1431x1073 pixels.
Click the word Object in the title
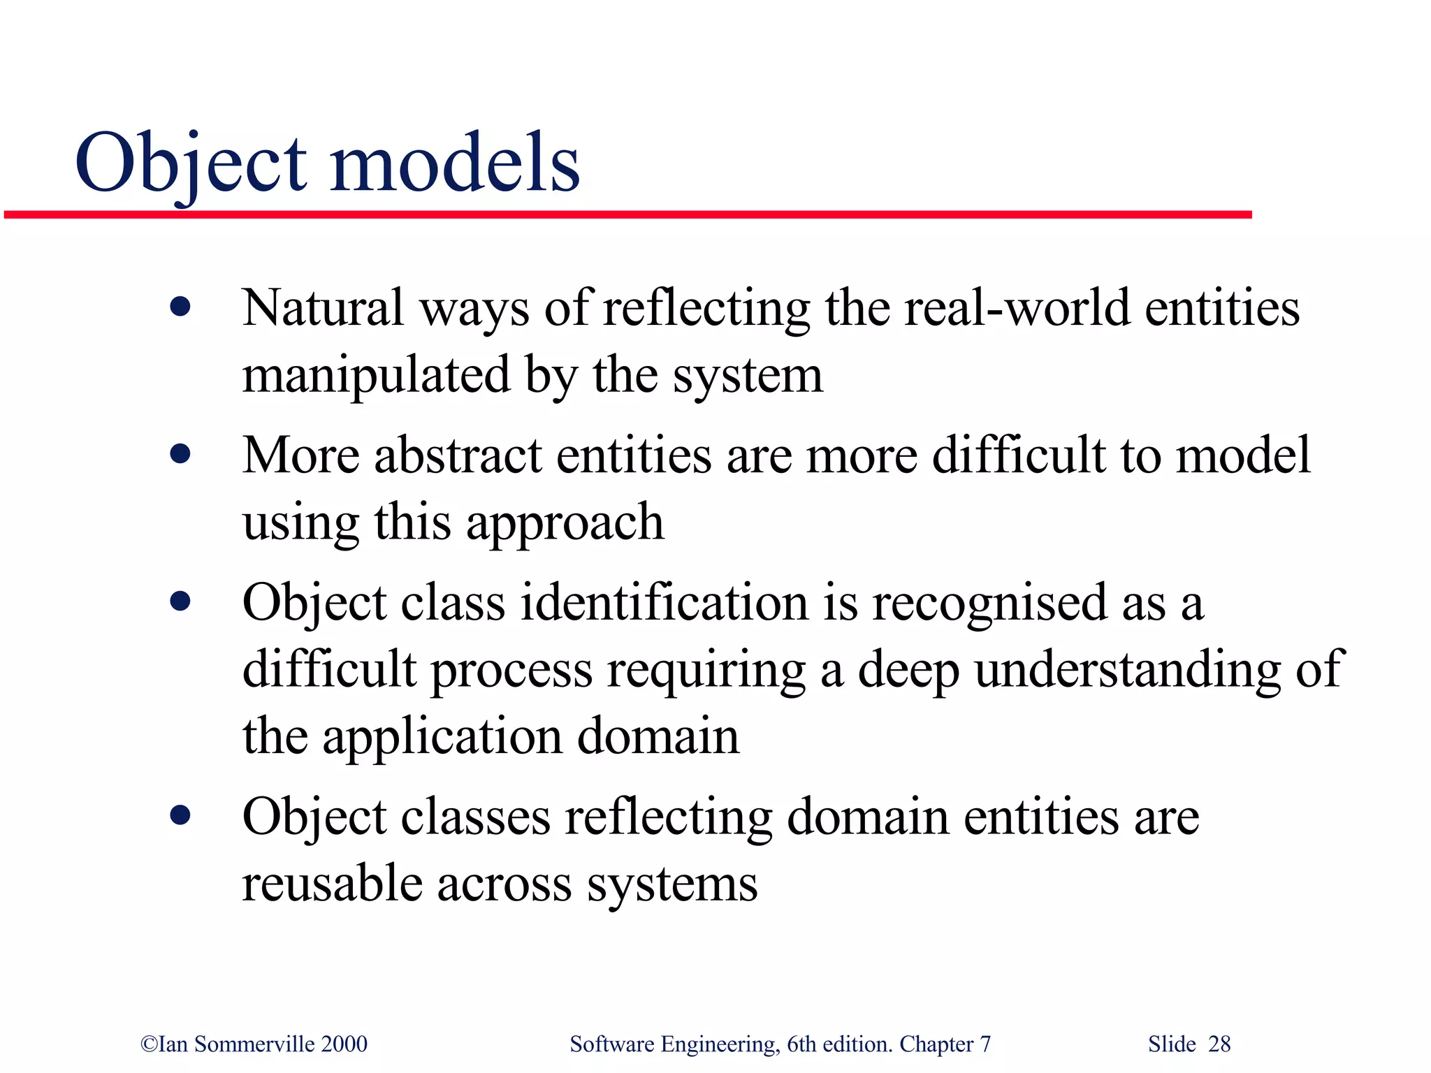(x=190, y=163)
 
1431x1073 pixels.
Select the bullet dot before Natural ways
(x=180, y=307)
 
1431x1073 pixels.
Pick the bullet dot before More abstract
(x=180, y=454)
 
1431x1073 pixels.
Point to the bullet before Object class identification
(x=180, y=601)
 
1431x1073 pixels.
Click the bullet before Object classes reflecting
(x=180, y=815)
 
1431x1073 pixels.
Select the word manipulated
(x=376, y=375)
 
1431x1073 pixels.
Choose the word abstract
(x=458, y=455)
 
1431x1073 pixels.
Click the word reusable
(x=332, y=883)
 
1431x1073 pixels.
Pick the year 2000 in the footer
(x=344, y=1044)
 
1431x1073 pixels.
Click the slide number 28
(x=1219, y=1044)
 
